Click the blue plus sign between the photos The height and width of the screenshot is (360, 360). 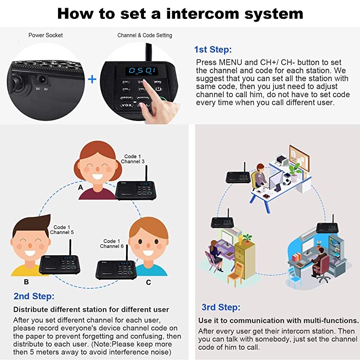[92, 80]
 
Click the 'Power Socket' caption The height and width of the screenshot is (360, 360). [45, 35]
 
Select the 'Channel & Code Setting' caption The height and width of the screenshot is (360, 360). [144, 35]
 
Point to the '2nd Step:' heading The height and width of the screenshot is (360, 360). [34, 297]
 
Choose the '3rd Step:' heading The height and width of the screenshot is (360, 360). [221, 307]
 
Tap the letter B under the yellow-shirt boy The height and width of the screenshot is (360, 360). [26, 282]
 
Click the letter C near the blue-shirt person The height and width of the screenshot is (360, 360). [148, 282]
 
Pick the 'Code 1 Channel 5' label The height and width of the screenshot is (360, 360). [62, 230]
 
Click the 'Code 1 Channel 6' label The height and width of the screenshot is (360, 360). [112, 244]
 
